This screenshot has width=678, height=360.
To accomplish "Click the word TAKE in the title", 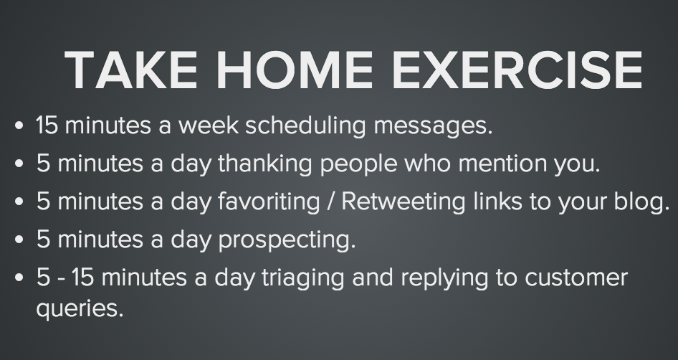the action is click(x=131, y=70).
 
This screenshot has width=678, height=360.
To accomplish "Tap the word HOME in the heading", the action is click(x=294, y=70).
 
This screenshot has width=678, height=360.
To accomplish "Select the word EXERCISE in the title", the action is click(x=517, y=70).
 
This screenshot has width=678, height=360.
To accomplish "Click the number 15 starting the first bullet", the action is click(x=47, y=125).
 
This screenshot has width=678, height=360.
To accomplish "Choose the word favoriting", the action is click(x=269, y=202).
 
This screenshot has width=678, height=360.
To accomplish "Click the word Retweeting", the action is click(x=403, y=202).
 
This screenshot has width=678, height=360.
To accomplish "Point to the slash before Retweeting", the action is click(x=331, y=202).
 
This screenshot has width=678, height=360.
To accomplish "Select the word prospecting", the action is click(x=287, y=240).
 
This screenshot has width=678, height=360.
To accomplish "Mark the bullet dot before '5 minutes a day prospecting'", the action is click(x=19, y=240).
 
